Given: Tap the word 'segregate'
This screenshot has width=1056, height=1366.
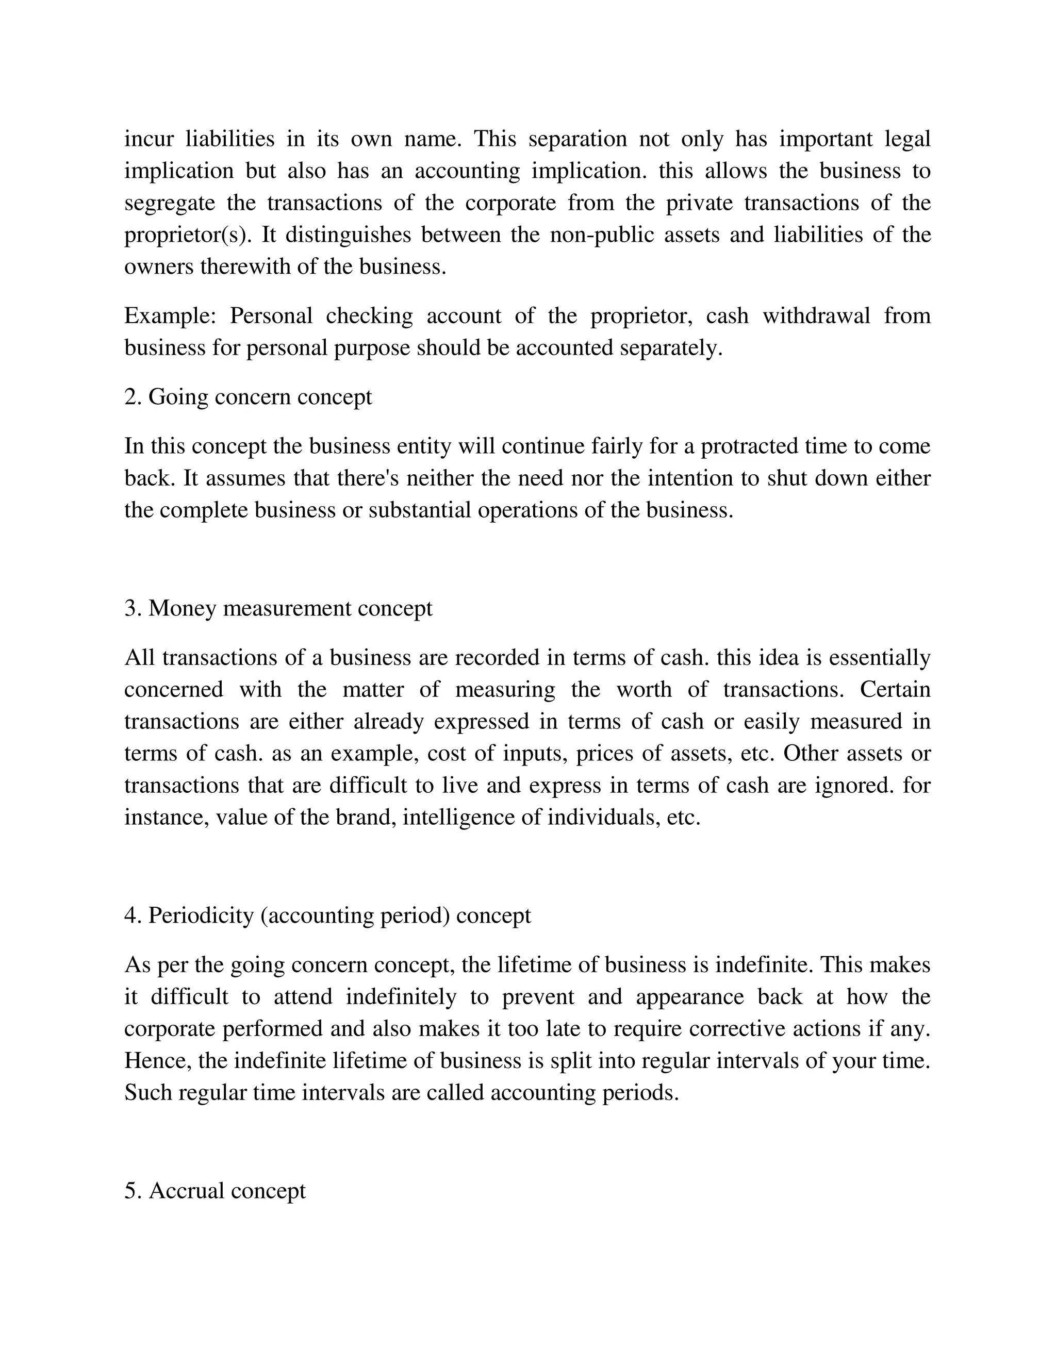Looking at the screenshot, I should coord(170,203).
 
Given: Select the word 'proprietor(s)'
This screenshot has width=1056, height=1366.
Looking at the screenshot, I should coord(187,235).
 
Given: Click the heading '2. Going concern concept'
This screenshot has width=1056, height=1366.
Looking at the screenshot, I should coord(247,397).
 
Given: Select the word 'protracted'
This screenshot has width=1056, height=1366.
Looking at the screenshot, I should coord(749,446).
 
